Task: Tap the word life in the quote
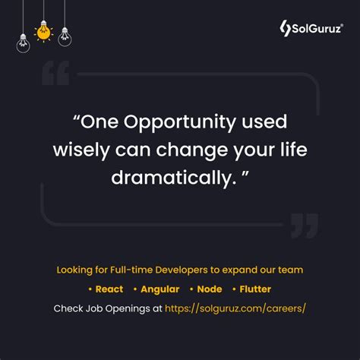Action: (292, 149)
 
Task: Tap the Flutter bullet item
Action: (254, 289)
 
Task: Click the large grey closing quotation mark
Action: (304, 226)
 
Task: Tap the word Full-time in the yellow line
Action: (139, 270)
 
